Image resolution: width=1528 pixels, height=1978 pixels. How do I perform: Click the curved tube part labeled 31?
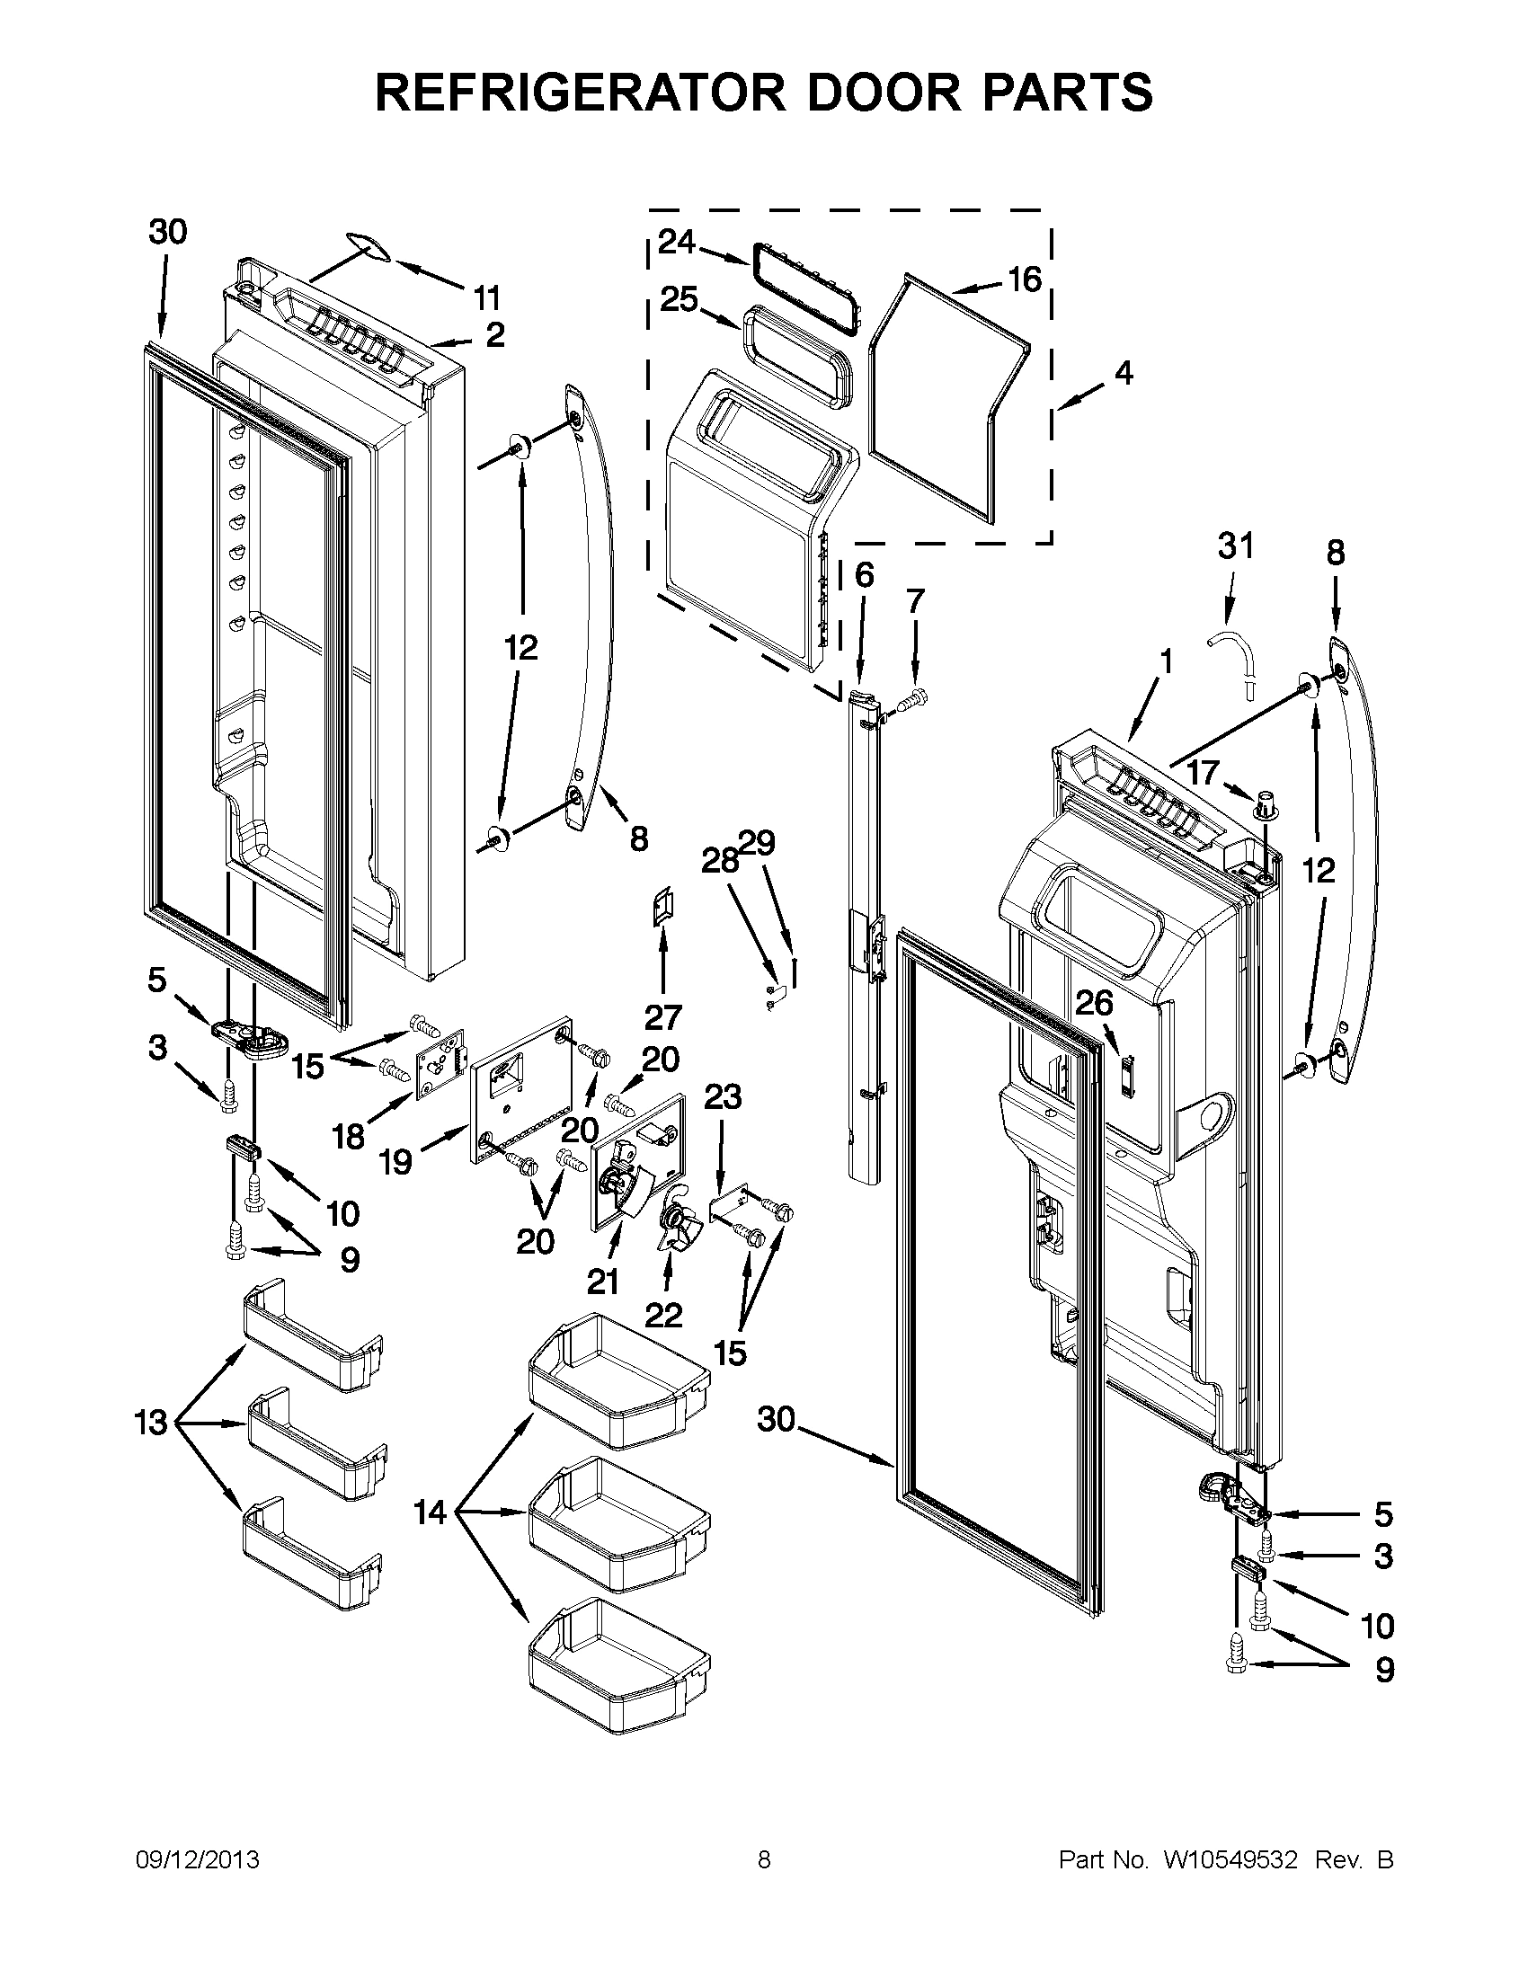[1231, 658]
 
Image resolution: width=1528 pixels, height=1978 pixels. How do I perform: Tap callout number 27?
[662, 1018]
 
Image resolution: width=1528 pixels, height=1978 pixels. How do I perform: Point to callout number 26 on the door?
[1094, 1003]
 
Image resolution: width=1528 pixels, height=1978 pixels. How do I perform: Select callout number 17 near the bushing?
[1204, 772]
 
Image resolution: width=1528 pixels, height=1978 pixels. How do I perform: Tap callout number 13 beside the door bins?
[151, 1423]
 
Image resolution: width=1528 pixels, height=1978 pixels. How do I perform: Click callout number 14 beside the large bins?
[431, 1512]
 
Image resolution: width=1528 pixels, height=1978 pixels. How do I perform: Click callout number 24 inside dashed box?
[677, 242]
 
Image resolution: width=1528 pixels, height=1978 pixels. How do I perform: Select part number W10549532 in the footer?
[1230, 1860]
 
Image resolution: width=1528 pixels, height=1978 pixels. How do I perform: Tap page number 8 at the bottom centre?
[763, 1860]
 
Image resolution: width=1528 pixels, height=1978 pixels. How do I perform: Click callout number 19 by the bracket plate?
[396, 1162]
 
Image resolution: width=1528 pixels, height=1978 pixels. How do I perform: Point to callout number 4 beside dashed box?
[1124, 372]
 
